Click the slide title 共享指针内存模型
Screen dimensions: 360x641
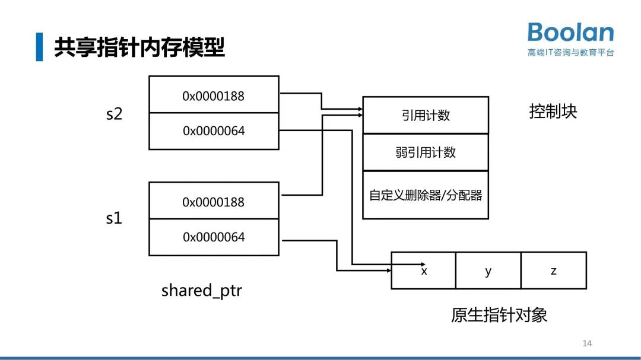click(139, 47)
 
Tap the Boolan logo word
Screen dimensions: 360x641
click(570, 32)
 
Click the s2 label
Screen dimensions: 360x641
click(114, 113)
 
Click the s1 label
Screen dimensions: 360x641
click(114, 218)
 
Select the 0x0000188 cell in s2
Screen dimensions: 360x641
click(214, 95)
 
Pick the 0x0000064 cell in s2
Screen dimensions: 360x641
click(214, 130)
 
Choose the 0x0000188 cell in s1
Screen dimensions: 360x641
click(214, 201)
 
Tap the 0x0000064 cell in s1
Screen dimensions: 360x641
click(214, 237)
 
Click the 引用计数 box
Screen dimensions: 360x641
click(426, 115)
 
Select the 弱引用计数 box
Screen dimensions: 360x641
click(426, 152)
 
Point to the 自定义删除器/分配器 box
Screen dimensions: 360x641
click(426, 195)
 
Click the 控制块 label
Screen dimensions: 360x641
click(553, 111)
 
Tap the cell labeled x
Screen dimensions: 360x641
click(424, 270)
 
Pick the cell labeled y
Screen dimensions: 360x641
click(488, 270)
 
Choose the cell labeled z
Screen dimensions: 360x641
click(554, 270)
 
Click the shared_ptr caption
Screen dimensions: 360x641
click(202, 291)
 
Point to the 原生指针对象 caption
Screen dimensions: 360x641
click(499, 315)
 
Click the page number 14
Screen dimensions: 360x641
click(587, 343)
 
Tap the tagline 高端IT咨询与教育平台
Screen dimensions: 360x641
click(570, 52)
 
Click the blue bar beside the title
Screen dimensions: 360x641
click(39, 47)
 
